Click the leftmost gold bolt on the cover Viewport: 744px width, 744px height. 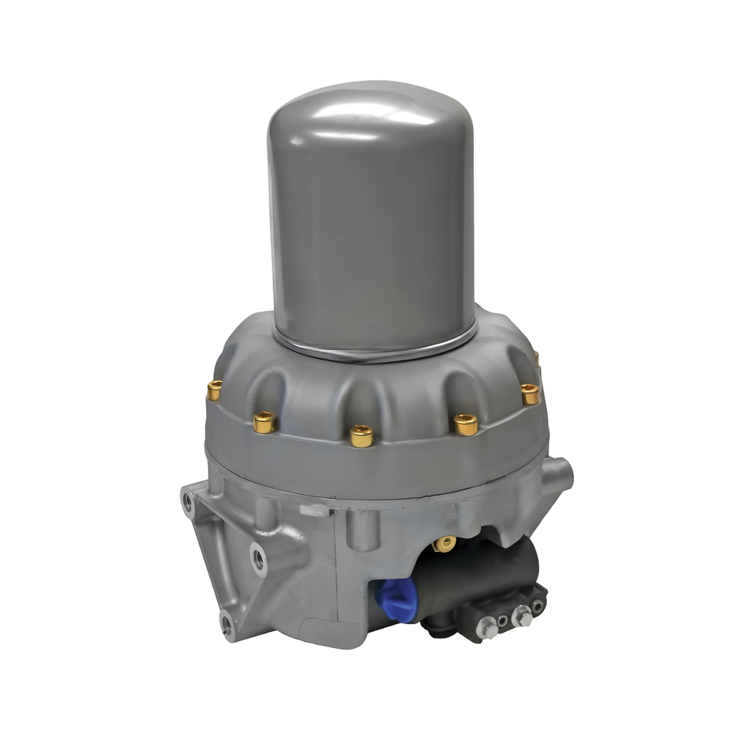tap(214, 390)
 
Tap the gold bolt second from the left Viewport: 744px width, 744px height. tap(264, 421)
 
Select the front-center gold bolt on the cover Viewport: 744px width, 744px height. tap(361, 435)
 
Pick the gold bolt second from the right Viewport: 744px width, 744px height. tap(466, 424)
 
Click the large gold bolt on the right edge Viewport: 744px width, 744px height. tap(530, 393)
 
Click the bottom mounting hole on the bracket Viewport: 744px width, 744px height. tap(227, 621)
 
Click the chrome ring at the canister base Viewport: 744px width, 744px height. tap(374, 349)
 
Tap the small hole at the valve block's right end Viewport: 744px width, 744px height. tap(538, 604)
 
